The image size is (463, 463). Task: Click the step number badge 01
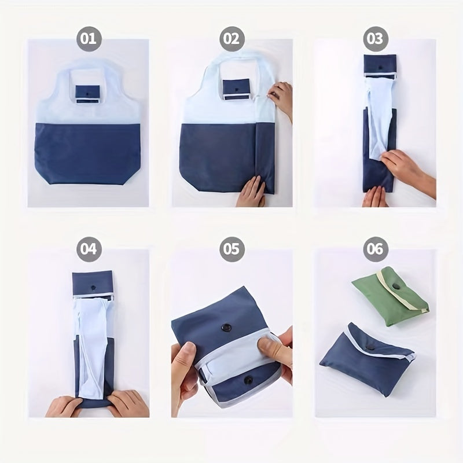click(x=89, y=39)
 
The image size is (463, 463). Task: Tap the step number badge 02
click(x=232, y=39)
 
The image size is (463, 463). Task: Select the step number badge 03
click(x=376, y=39)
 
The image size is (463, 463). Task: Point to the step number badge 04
click(x=89, y=249)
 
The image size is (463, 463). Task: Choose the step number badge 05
click(x=232, y=249)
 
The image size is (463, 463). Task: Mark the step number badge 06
click(x=376, y=249)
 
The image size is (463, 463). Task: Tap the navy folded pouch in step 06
click(x=367, y=359)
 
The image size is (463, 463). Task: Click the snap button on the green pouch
click(x=395, y=286)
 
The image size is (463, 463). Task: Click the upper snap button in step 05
click(x=226, y=328)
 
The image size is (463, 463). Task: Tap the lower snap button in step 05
click(x=248, y=381)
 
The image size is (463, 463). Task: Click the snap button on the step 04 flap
click(x=93, y=287)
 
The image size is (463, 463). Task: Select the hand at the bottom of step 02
click(x=251, y=192)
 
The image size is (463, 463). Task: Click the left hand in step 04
click(x=63, y=407)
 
